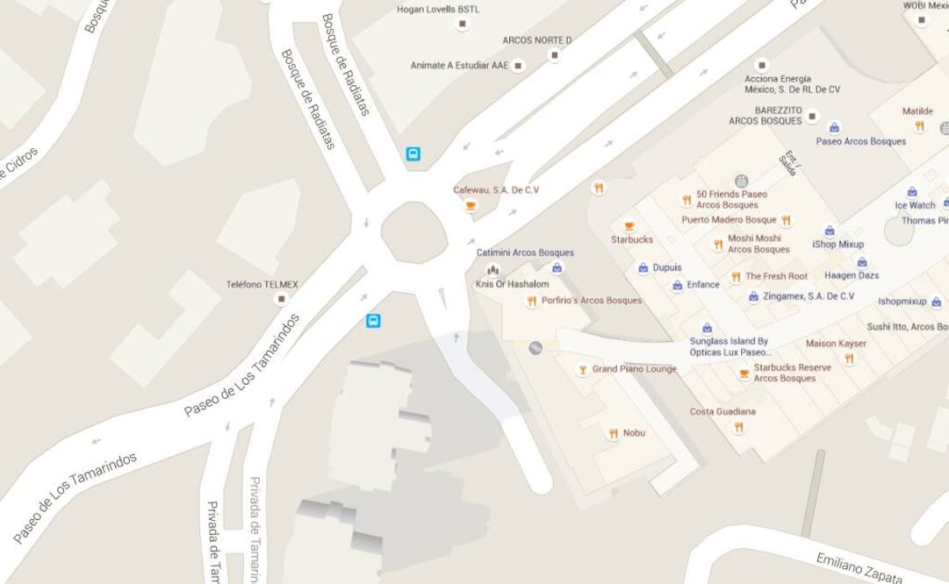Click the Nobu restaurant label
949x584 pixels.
click(x=634, y=433)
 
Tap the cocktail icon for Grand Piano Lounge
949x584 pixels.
click(x=582, y=370)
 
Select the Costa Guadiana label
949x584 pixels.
click(x=723, y=411)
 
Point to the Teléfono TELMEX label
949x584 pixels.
click(x=262, y=285)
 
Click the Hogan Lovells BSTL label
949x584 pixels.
click(x=438, y=10)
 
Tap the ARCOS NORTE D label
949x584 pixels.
click(x=536, y=40)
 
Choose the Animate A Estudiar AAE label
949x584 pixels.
click(x=459, y=66)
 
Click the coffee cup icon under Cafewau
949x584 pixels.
click(x=471, y=206)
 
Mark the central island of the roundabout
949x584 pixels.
click(x=414, y=232)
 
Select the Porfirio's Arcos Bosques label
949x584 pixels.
click(x=591, y=301)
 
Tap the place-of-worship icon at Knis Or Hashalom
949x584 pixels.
click(x=492, y=270)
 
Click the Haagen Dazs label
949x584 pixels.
click(x=852, y=275)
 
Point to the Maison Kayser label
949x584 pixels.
click(x=836, y=344)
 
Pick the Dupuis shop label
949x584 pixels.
click(x=666, y=267)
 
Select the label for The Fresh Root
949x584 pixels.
click(x=776, y=276)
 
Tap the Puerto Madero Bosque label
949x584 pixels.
click(x=729, y=220)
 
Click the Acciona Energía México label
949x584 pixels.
click(x=792, y=84)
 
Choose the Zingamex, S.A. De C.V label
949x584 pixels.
click(x=808, y=296)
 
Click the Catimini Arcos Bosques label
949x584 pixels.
click(x=525, y=253)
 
